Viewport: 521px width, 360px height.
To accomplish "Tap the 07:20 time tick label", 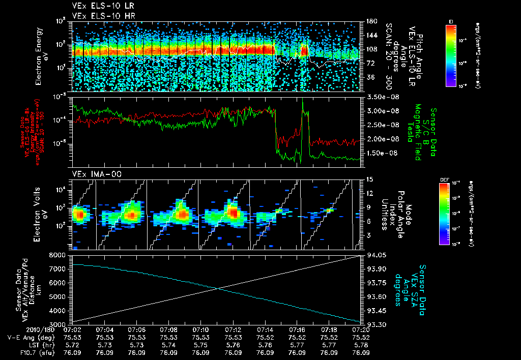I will [361, 329].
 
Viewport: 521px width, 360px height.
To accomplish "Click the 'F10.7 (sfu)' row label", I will [34, 352].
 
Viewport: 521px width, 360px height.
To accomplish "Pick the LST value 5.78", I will [361, 345].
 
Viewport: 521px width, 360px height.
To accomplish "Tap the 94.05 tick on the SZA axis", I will [376, 254].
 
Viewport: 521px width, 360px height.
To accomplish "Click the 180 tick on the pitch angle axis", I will [371, 21].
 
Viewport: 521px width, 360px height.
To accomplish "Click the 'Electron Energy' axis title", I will [39, 49].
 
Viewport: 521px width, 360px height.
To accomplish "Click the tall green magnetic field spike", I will [303, 102].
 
